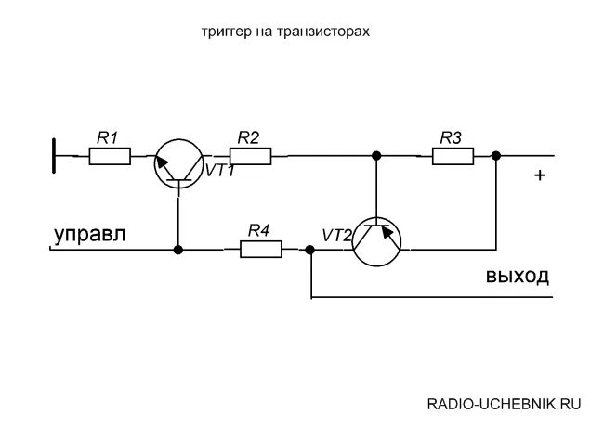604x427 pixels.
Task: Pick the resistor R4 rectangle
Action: pyautogui.click(x=260, y=249)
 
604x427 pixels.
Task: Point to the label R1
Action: pyautogui.click(x=108, y=137)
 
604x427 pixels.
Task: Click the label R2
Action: pyautogui.click(x=248, y=136)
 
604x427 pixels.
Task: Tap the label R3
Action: pyautogui.click(x=451, y=137)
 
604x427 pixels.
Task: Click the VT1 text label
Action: pyautogui.click(x=219, y=172)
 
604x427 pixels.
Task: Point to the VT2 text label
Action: pyautogui.click(x=337, y=236)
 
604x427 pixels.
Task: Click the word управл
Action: pyautogui.click(x=90, y=234)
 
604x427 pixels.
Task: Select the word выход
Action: pyautogui.click(x=517, y=276)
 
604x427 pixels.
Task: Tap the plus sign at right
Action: pyautogui.click(x=540, y=175)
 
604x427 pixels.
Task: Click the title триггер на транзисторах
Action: pyautogui.click(x=286, y=32)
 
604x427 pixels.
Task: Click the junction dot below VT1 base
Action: pyautogui.click(x=177, y=249)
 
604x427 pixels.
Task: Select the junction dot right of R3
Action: pyautogui.click(x=495, y=155)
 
